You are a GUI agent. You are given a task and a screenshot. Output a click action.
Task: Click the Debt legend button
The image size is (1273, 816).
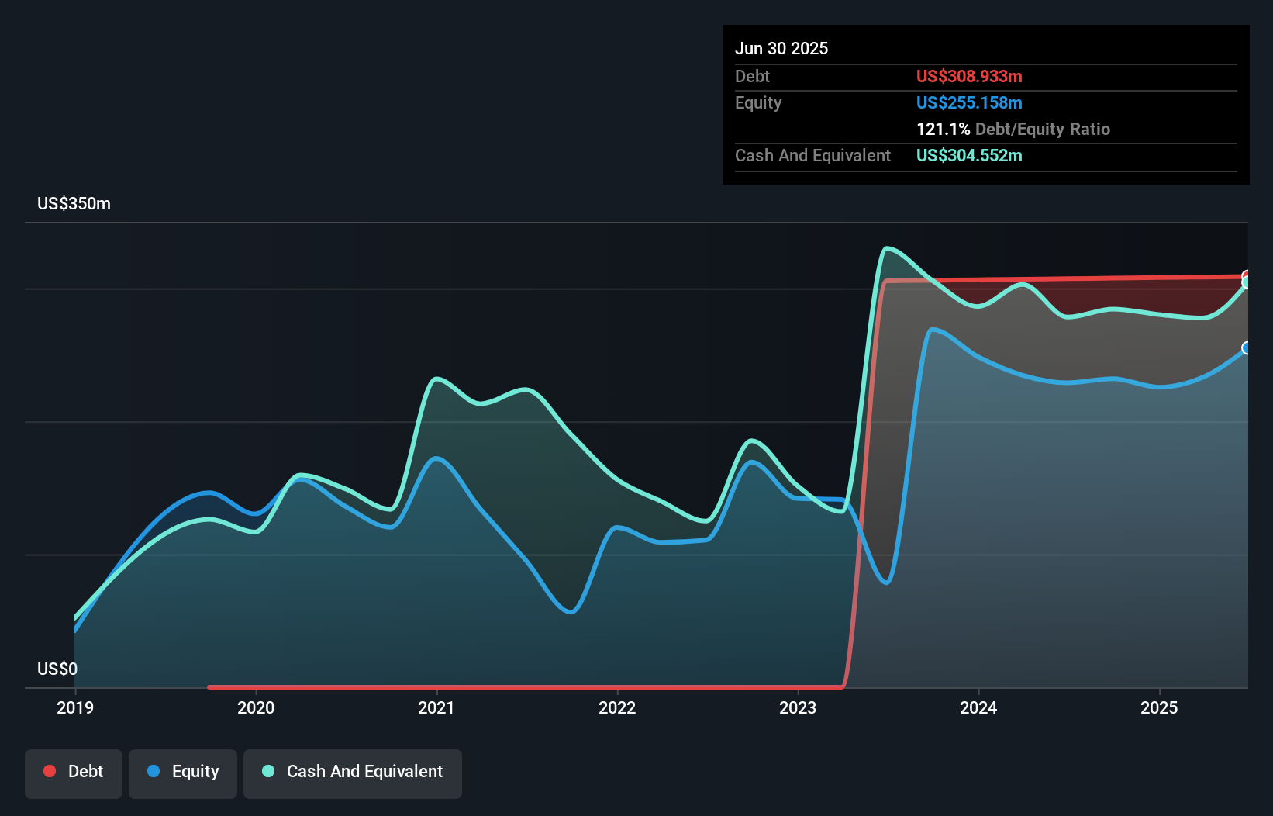pos(74,772)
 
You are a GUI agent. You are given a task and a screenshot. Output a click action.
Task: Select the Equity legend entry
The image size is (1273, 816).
pos(183,772)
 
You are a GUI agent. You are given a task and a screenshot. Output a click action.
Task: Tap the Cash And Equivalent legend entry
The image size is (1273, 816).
pos(353,772)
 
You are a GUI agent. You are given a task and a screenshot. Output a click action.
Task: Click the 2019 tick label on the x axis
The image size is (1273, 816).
pos(75,707)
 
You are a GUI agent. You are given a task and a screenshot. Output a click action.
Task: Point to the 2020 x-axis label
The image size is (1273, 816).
pos(256,707)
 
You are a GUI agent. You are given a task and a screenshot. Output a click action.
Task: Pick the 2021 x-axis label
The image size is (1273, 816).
pos(436,707)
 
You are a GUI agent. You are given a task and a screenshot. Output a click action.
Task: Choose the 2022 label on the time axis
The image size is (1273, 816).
pos(617,707)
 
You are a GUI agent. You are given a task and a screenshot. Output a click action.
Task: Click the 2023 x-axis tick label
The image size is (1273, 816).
pos(798,707)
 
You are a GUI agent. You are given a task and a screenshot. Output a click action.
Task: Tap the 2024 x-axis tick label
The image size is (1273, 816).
pos(978,707)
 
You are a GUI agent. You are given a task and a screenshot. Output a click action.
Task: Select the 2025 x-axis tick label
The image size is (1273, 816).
pos(1159,707)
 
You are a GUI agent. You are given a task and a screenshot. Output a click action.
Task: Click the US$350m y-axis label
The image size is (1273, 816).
pos(74,204)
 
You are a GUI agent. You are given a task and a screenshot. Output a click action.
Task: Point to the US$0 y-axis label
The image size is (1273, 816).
pos(57,669)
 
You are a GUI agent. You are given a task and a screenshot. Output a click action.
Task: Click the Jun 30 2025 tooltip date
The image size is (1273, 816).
pos(781,49)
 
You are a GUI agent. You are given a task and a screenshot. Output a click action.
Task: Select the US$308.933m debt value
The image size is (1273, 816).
pos(969,77)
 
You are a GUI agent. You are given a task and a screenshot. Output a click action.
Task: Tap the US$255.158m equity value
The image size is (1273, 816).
pos(969,103)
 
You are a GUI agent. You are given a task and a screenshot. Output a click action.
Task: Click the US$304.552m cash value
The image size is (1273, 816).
pos(969,156)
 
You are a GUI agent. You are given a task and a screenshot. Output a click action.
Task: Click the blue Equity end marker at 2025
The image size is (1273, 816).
pos(1247,348)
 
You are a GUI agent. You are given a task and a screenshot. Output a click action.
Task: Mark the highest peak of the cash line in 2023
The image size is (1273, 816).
pos(887,248)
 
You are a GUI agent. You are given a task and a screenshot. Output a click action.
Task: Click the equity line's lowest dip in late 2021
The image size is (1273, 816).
pos(571,612)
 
